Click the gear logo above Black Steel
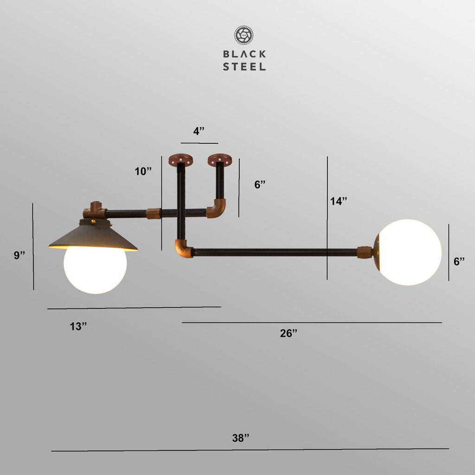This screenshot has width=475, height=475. [x=244, y=35]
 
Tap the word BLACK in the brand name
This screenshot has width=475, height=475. [x=244, y=54]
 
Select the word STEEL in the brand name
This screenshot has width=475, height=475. [x=244, y=66]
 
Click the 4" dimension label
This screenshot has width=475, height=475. [x=199, y=131]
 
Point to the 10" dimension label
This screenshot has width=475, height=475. [x=143, y=171]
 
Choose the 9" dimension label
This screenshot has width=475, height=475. [x=19, y=255]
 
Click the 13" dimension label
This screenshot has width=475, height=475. [x=78, y=326]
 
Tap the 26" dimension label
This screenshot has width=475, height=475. [x=289, y=333]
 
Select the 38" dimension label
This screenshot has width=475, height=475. [x=241, y=438]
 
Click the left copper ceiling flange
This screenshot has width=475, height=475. [x=181, y=160]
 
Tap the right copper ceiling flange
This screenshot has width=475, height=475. [x=219, y=160]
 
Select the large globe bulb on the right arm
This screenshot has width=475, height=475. [x=408, y=252]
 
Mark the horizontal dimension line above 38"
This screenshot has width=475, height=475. [x=250, y=449]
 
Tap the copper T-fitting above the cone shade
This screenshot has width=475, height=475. [x=95, y=212]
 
